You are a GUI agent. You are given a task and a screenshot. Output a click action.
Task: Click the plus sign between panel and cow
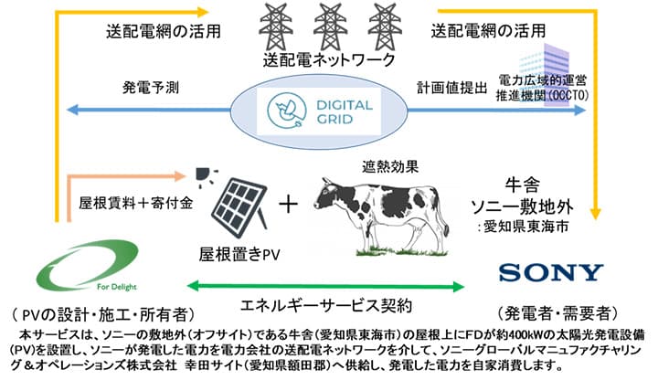[x=290, y=204]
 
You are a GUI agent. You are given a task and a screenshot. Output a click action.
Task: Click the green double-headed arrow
[x=330, y=284]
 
